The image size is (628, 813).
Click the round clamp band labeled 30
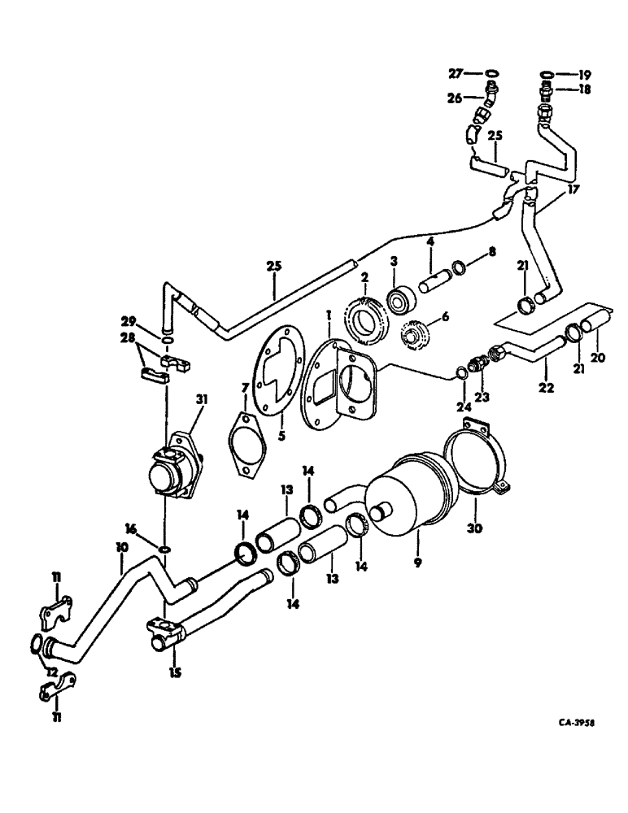(x=474, y=461)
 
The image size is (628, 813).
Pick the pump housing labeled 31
(x=173, y=471)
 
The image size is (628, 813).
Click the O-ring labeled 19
(x=546, y=75)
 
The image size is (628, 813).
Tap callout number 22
(x=546, y=388)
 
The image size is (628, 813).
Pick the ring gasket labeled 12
(x=36, y=644)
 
